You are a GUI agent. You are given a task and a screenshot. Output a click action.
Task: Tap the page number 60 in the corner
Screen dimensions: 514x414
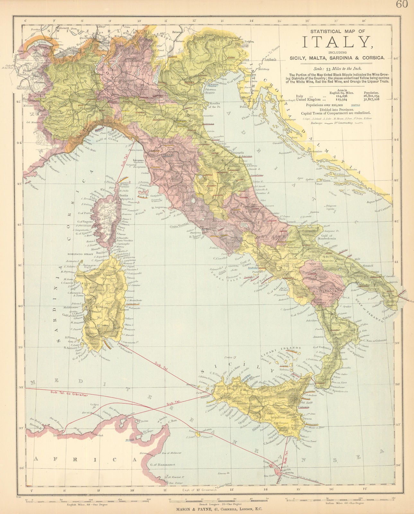coord(401,4)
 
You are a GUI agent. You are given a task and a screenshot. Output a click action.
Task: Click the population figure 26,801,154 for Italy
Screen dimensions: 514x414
coord(371,96)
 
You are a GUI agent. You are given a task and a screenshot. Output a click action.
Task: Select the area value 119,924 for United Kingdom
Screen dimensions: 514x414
coord(338,100)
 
